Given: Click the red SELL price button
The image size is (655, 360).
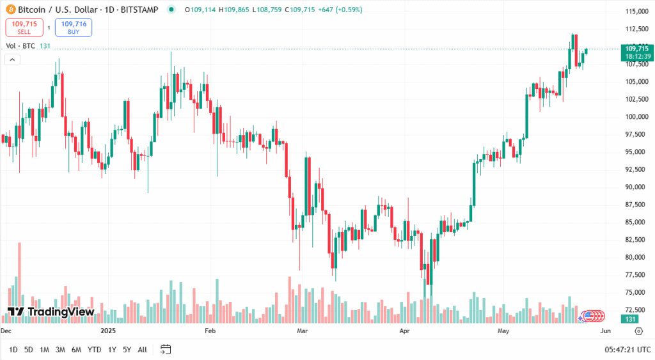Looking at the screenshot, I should click(24, 27).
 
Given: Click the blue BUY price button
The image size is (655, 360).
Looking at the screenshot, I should click(74, 27).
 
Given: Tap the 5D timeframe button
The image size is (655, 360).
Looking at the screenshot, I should click(29, 350).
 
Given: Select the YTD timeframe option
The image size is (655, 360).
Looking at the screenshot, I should click(94, 350).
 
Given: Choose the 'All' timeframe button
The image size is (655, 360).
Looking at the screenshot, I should click(142, 350).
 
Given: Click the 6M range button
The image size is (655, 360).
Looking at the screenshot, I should click(76, 350).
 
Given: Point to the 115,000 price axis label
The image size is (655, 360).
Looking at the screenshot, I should click(636, 12).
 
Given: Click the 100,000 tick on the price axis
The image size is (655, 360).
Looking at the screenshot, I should click(636, 116).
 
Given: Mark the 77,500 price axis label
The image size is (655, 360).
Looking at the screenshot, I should click(636, 275).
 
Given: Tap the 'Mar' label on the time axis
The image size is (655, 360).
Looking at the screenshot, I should click(303, 331).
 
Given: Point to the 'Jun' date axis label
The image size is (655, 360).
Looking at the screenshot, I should click(606, 331).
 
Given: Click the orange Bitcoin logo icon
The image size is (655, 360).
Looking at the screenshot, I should click(10, 10).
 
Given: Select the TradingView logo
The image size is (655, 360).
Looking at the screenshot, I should click(51, 312).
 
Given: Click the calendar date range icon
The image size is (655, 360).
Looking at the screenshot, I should click(166, 349).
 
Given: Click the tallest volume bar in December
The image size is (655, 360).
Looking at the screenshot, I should click(20, 281).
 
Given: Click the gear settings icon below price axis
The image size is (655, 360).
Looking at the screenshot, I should click(638, 331).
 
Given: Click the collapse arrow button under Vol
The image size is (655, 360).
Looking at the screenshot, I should click(12, 59).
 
